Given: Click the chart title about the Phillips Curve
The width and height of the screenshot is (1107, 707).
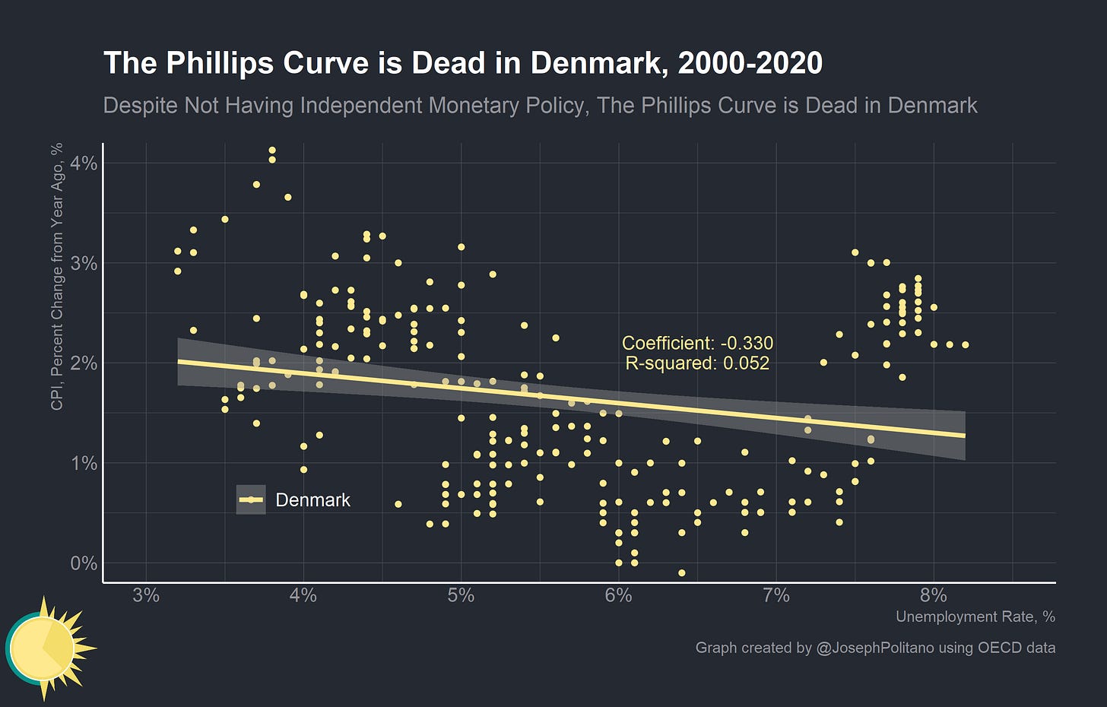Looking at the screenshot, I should pyautogui.click(x=462, y=63).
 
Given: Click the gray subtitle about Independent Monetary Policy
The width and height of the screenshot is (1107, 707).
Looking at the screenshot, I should pyautogui.click(x=540, y=105).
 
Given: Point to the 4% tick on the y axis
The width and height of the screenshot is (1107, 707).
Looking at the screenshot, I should pyautogui.click(x=84, y=163).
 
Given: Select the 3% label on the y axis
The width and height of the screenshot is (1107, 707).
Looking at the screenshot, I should pyautogui.click(x=84, y=263).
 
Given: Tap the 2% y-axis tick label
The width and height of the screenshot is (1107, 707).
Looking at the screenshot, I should pyautogui.click(x=84, y=363).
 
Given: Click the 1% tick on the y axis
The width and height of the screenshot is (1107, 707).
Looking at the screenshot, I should pyautogui.click(x=84, y=463).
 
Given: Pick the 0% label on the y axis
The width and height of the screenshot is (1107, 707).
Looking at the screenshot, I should pyautogui.click(x=84, y=563).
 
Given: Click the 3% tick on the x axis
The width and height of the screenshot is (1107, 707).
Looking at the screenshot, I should pyautogui.click(x=146, y=595).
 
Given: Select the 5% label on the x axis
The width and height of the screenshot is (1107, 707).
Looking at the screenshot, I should pyautogui.click(x=461, y=595).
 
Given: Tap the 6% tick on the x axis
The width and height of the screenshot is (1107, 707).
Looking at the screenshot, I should pyautogui.click(x=618, y=595).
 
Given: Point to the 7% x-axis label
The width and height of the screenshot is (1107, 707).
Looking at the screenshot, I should pyautogui.click(x=776, y=595).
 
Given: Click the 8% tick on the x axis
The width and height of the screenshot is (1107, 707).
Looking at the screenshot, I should pyautogui.click(x=934, y=595).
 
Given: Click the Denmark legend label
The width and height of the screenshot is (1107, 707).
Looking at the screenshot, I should pyautogui.click(x=312, y=500).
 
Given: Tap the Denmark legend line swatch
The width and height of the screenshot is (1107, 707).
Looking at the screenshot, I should pyautogui.click(x=251, y=500).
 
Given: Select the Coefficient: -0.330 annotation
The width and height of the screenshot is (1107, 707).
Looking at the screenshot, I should pyautogui.click(x=697, y=343).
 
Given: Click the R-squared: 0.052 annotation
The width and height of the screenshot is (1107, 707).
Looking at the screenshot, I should pyautogui.click(x=697, y=363).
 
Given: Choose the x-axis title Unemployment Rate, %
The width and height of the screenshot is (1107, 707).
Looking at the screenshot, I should pyautogui.click(x=975, y=617).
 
